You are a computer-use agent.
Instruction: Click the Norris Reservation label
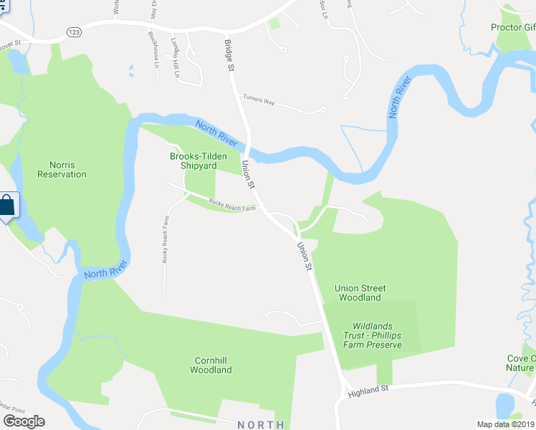coord(62,169)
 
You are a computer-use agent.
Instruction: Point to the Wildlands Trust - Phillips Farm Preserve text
coord(372,335)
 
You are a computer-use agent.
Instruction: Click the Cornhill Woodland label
coord(211,365)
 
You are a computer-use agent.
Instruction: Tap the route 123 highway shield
coord(74,32)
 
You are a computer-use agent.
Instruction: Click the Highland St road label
coord(368,390)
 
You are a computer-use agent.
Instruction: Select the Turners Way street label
coord(259,100)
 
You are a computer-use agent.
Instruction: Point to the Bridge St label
coord(229,56)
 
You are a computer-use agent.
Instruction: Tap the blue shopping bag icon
coord(6,206)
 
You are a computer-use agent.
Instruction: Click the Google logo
coord(24,421)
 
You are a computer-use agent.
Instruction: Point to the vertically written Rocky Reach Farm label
coord(165,239)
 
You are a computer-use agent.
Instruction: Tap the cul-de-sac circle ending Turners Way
coord(324,110)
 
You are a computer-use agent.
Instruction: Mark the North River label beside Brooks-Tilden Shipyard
coord(216,133)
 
